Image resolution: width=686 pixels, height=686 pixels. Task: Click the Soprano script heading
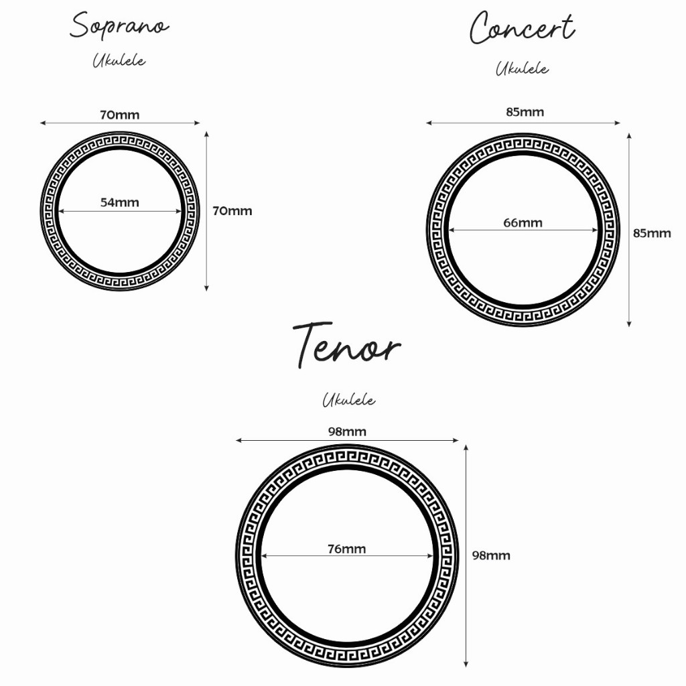point(119,27)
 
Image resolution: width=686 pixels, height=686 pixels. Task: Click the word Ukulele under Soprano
point(119,60)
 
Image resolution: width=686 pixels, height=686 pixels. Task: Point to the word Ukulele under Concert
point(522,68)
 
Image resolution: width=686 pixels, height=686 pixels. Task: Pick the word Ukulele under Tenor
point(348,401)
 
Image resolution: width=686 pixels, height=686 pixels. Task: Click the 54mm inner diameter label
point(120,202)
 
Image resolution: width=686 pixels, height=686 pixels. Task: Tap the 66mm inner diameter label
point(523,222)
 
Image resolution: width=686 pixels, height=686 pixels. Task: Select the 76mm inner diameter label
point(346,549)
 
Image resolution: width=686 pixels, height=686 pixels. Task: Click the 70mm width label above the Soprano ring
point(120,115)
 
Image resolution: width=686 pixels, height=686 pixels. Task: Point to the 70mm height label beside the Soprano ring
point(232,211)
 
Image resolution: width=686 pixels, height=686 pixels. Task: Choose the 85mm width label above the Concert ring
point(525,112)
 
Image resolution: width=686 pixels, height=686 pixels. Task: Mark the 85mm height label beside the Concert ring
point(652,233)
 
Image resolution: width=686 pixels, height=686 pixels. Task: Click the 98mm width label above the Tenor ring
point(347,431)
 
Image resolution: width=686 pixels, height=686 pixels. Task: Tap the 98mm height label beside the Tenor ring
point(491,555)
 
